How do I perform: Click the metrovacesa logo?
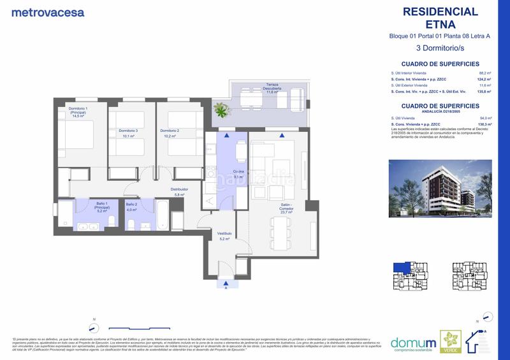[x=47, y=12]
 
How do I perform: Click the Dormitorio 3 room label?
[x=127, y=133]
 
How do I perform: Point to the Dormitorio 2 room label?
[x=178, y=133]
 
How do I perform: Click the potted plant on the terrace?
[x=221, y=111]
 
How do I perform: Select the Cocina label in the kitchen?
[x=220, y=175]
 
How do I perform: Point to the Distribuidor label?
[x=178, y=191]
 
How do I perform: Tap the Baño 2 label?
[x=132, y=207]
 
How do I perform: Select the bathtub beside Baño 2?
[x=162, y=215]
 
